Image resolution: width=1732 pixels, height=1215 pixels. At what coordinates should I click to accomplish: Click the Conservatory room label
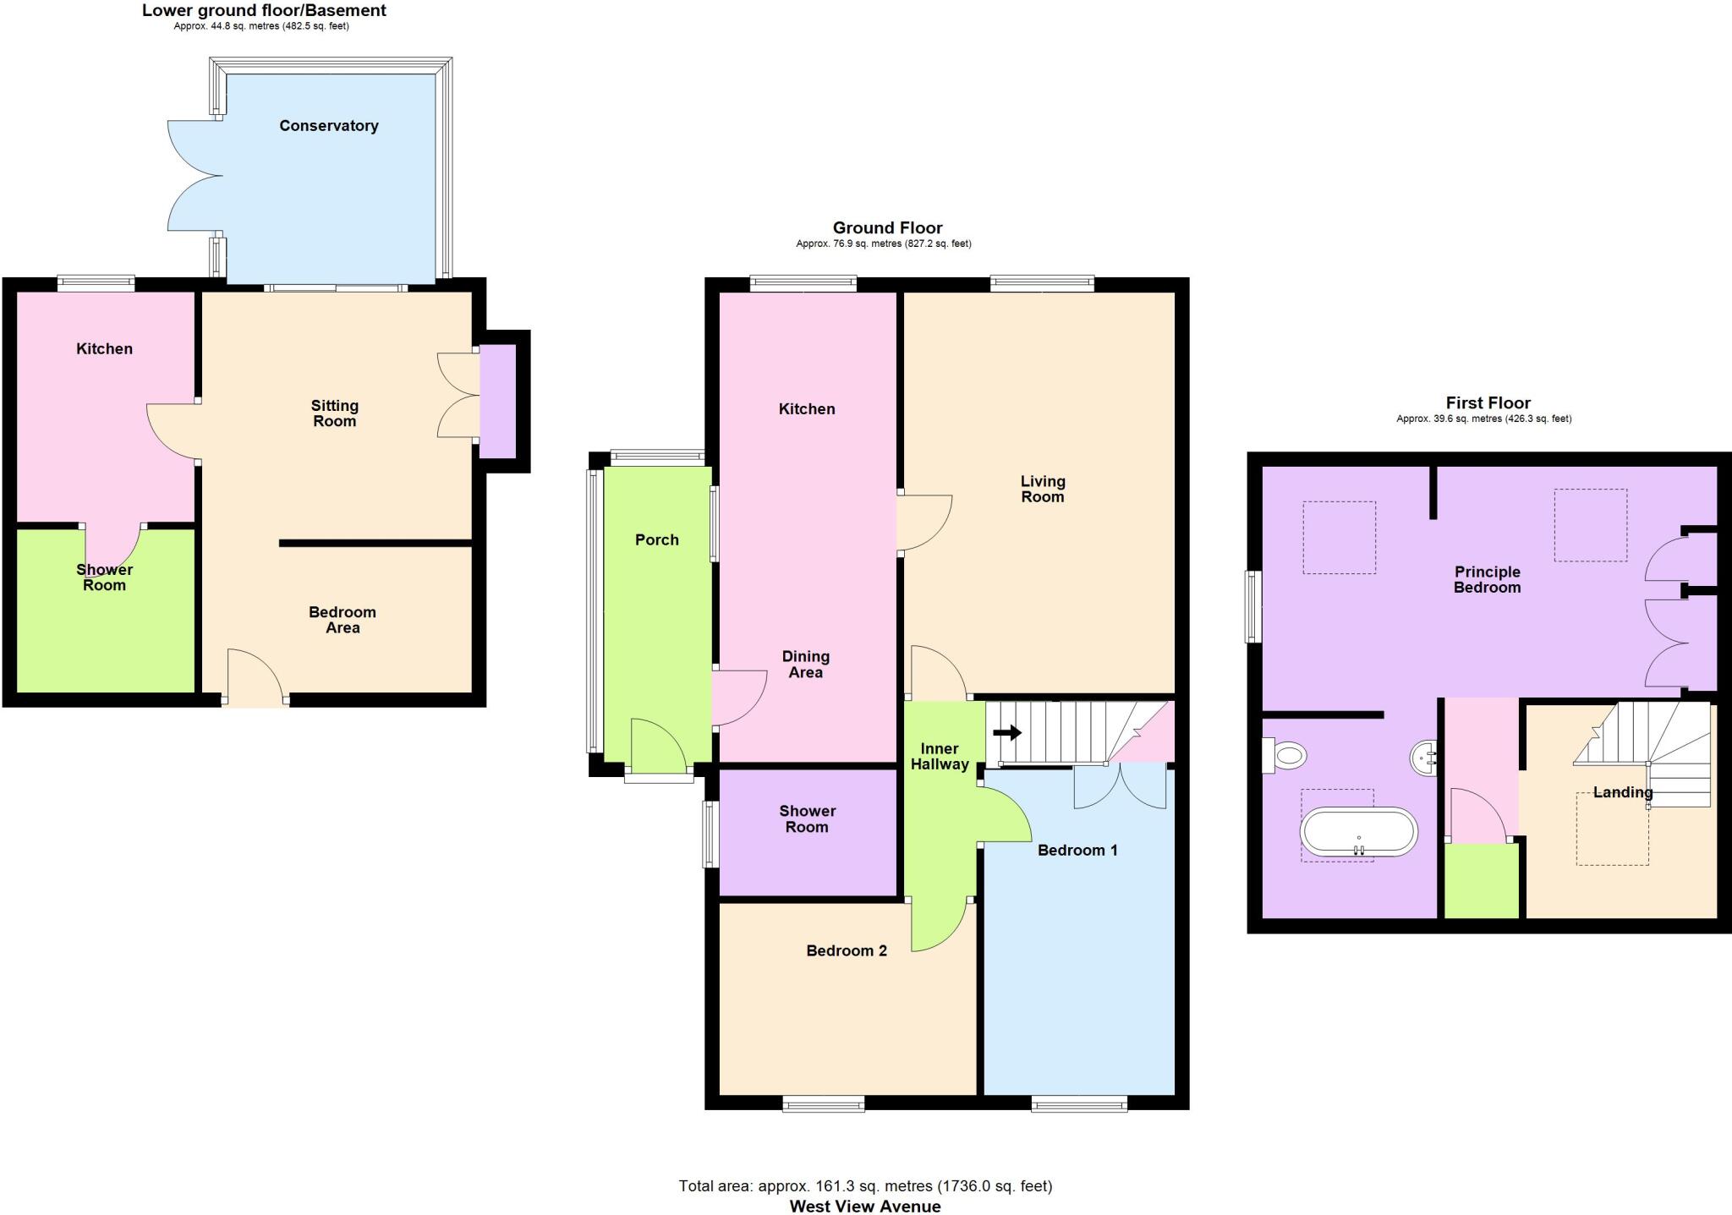tap(328, 126)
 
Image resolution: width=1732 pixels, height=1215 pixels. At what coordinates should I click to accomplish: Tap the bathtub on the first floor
tap(1358, 832)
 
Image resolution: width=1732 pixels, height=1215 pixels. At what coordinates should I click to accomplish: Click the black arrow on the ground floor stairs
tap(1006, 732)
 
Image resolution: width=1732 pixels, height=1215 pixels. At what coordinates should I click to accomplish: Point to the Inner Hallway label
tap(939, 757)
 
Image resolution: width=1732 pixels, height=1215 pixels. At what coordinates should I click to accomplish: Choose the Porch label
tap(656, 540)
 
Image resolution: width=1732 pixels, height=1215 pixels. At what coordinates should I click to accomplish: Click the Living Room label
tap(1042, 489)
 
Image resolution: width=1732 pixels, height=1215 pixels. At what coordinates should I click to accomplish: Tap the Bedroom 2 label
tap(846, 951)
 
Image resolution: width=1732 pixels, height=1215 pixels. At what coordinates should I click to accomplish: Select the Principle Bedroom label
tap(1487, 580)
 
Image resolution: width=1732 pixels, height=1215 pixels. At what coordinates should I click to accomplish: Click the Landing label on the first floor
tap(1622, 793)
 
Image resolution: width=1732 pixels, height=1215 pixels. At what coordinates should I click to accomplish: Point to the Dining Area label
tap(805, 665)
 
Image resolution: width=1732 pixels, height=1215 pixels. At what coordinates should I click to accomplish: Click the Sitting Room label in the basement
tap(334, 413)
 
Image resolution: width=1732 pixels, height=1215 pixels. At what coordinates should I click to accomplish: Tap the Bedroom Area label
tap(343, 620)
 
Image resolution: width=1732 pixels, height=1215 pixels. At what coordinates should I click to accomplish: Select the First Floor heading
tap(1488, 403)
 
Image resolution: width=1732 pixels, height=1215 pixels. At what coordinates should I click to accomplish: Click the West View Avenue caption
tap(864, 1207)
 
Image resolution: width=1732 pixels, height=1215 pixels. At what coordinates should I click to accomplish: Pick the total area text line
tap(864, 1186)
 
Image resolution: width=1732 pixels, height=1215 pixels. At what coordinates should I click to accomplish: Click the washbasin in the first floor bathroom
tap(1425, 758)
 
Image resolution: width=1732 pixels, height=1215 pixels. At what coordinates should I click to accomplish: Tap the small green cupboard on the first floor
tap(1481, 880)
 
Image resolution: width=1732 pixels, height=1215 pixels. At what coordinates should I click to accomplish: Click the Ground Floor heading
tap(887, 227)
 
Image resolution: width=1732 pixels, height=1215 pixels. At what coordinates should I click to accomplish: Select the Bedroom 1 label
tap(1077, 851)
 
